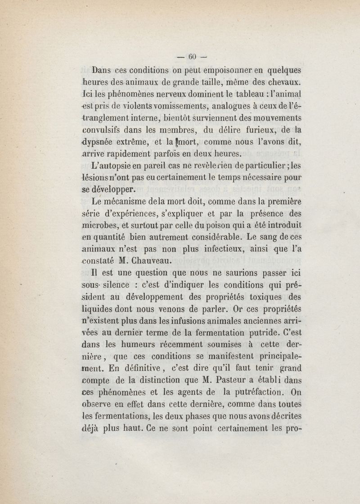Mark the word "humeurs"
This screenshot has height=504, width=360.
(138, 345)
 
